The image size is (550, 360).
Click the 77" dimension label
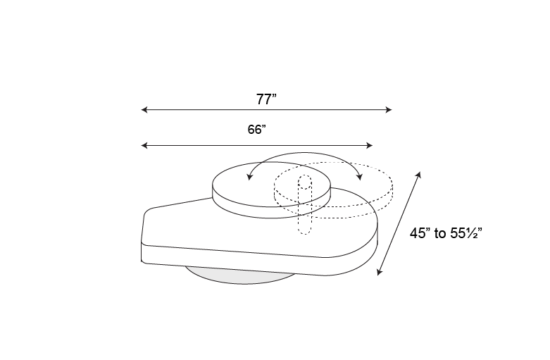(x=266, y=99)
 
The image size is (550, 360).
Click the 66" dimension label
(x=257, y=130)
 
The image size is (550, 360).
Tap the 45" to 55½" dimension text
(x=446, y=233)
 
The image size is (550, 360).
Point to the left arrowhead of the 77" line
(x=144, y=110)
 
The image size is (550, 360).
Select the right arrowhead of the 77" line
(x=388, y=110)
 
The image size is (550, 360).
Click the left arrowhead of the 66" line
(x=144, y=145)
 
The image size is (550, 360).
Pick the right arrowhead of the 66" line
(x=369, y=145)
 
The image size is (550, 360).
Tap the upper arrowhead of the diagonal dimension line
(x=418, y=175)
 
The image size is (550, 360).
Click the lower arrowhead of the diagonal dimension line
(x=379, y=272)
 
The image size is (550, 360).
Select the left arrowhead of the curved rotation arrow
(x=250, y=177)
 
